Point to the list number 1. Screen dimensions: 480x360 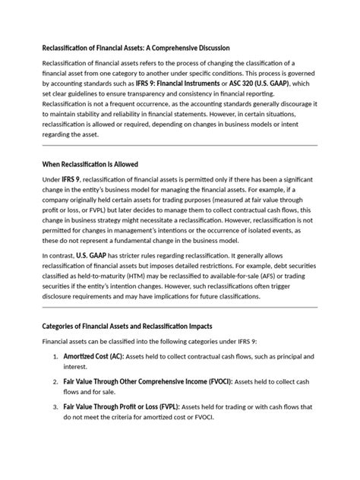(x=55, y=355)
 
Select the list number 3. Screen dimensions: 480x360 (x=55, y=407)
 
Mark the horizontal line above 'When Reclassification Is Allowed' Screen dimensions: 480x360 (x=179, y=146)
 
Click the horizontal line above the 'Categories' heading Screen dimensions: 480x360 (x=179, y=308)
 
